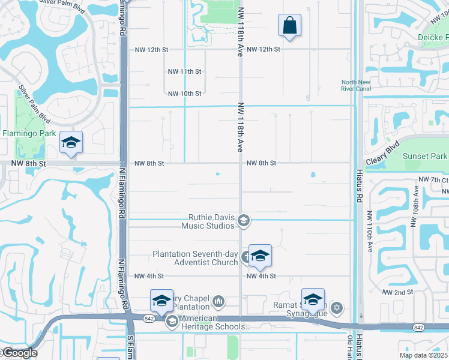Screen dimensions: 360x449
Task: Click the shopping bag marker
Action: coord(289,26)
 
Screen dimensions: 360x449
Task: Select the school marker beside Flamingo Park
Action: coord(71,143)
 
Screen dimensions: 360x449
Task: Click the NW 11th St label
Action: coord(184,71)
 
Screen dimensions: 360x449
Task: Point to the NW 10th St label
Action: coord(184,94)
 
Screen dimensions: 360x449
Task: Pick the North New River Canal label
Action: coord(357,86)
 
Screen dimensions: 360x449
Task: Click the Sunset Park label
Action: coord(424,157)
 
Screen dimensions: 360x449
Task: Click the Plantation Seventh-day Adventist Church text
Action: coord(196,258)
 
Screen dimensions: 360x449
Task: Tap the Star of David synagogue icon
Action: coord(336,308)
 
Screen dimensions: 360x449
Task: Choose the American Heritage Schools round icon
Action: coord(172,322)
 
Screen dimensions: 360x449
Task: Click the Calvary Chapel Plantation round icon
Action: coord(218,301)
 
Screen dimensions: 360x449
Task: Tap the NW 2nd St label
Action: coord(398,292)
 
